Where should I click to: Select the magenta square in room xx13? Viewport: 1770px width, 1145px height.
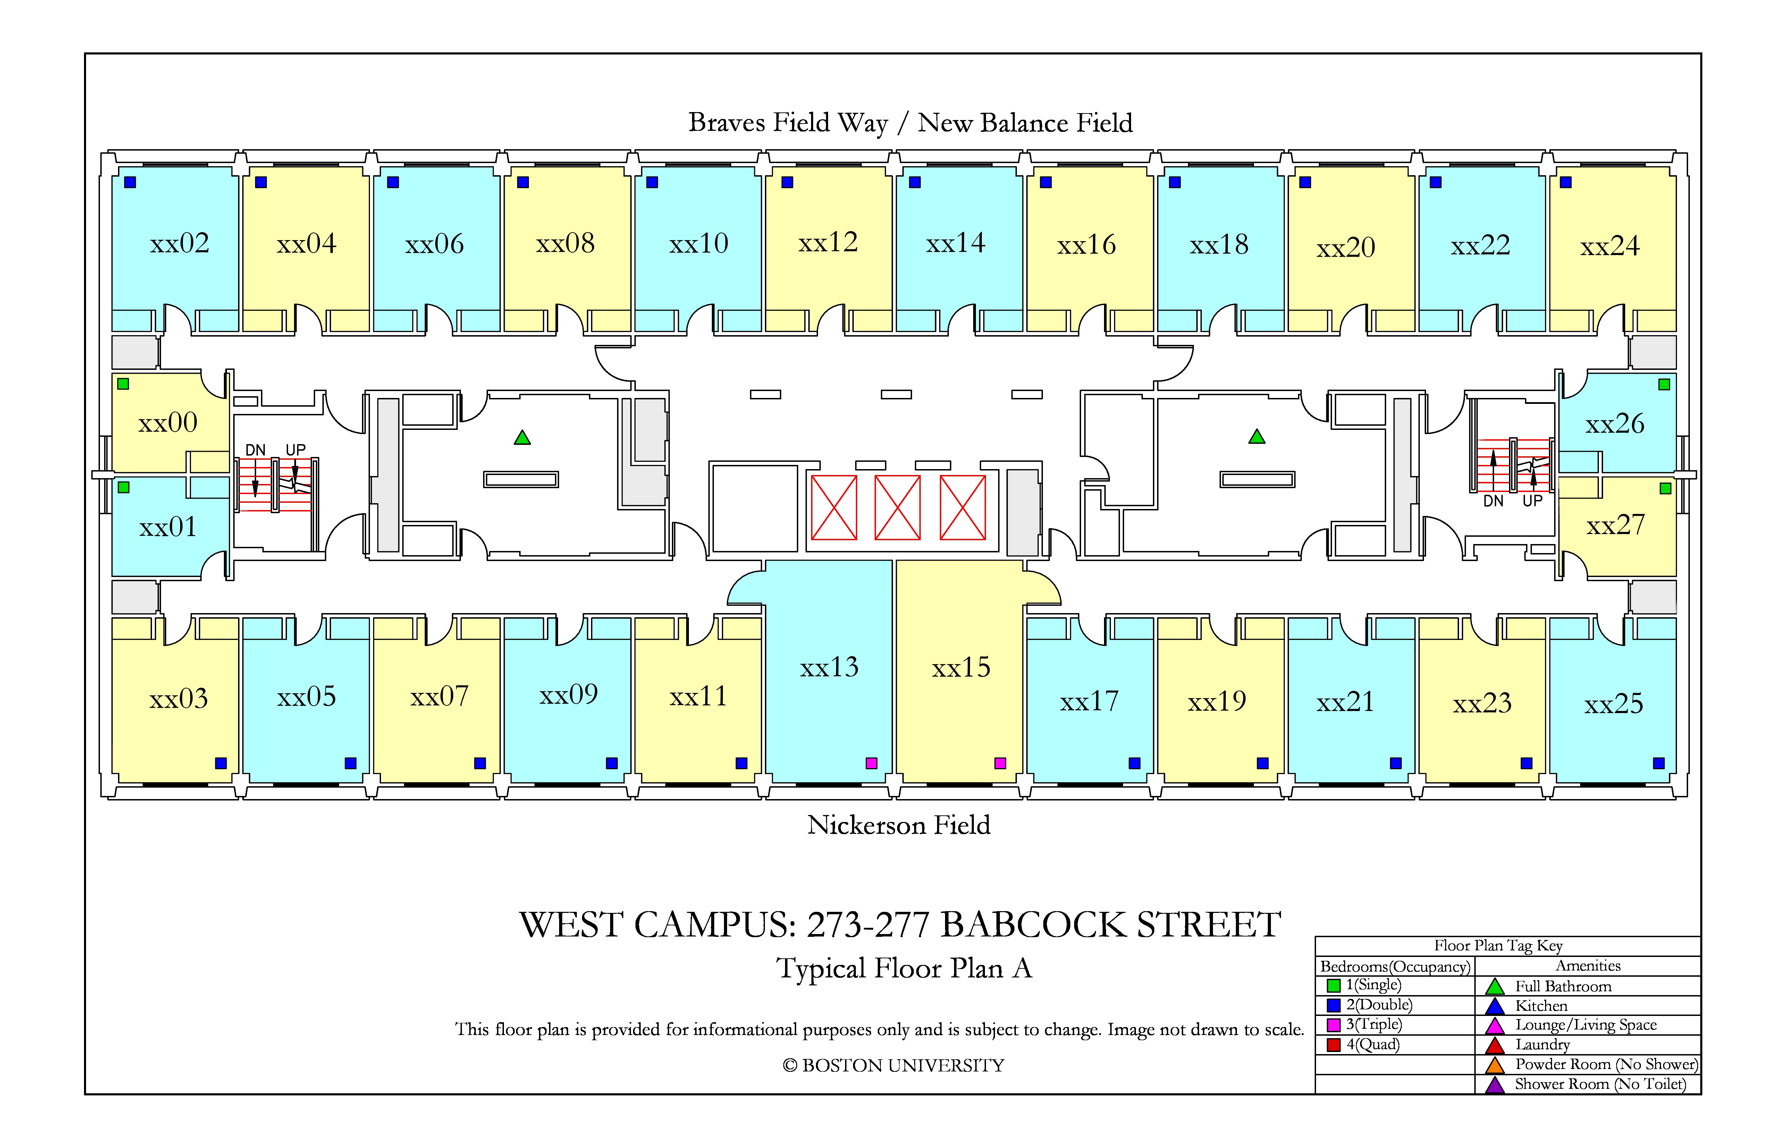[871, 763]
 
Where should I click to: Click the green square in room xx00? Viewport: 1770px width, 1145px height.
[124, 384]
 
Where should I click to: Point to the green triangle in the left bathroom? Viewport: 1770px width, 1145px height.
[522, 438]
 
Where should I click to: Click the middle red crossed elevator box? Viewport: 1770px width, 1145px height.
[897, 508]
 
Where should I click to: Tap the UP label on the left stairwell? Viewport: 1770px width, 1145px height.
[296, 450]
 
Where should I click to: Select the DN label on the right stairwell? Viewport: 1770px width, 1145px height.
[1493, 501]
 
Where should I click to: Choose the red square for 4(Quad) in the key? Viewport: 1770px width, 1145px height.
[1333, 1045]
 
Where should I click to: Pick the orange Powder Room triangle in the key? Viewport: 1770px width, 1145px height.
[1495, 1065]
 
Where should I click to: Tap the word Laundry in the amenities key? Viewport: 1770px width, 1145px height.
[1542, 1045]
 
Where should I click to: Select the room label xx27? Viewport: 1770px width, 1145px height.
[1615, 525]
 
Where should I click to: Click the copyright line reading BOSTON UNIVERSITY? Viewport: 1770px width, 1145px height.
[893, 1066]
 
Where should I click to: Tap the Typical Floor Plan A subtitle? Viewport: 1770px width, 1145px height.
[904, 968]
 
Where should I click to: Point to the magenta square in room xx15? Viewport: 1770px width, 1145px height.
[1000, 763]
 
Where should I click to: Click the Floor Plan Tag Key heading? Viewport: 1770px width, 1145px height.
[1499, 946]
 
